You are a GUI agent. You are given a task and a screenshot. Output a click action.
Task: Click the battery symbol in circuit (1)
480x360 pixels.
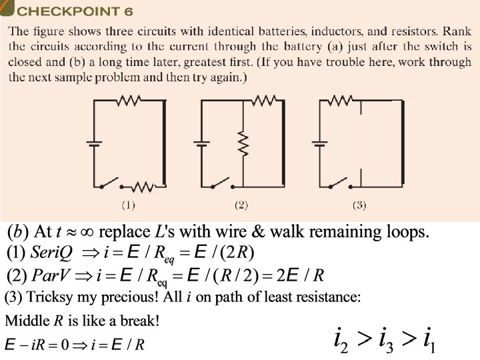point(93,143)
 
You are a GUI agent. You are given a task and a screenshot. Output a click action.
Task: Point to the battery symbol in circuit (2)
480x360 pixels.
point(201,143)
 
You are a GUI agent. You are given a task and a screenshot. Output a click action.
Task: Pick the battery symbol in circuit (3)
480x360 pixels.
point(320,143)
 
